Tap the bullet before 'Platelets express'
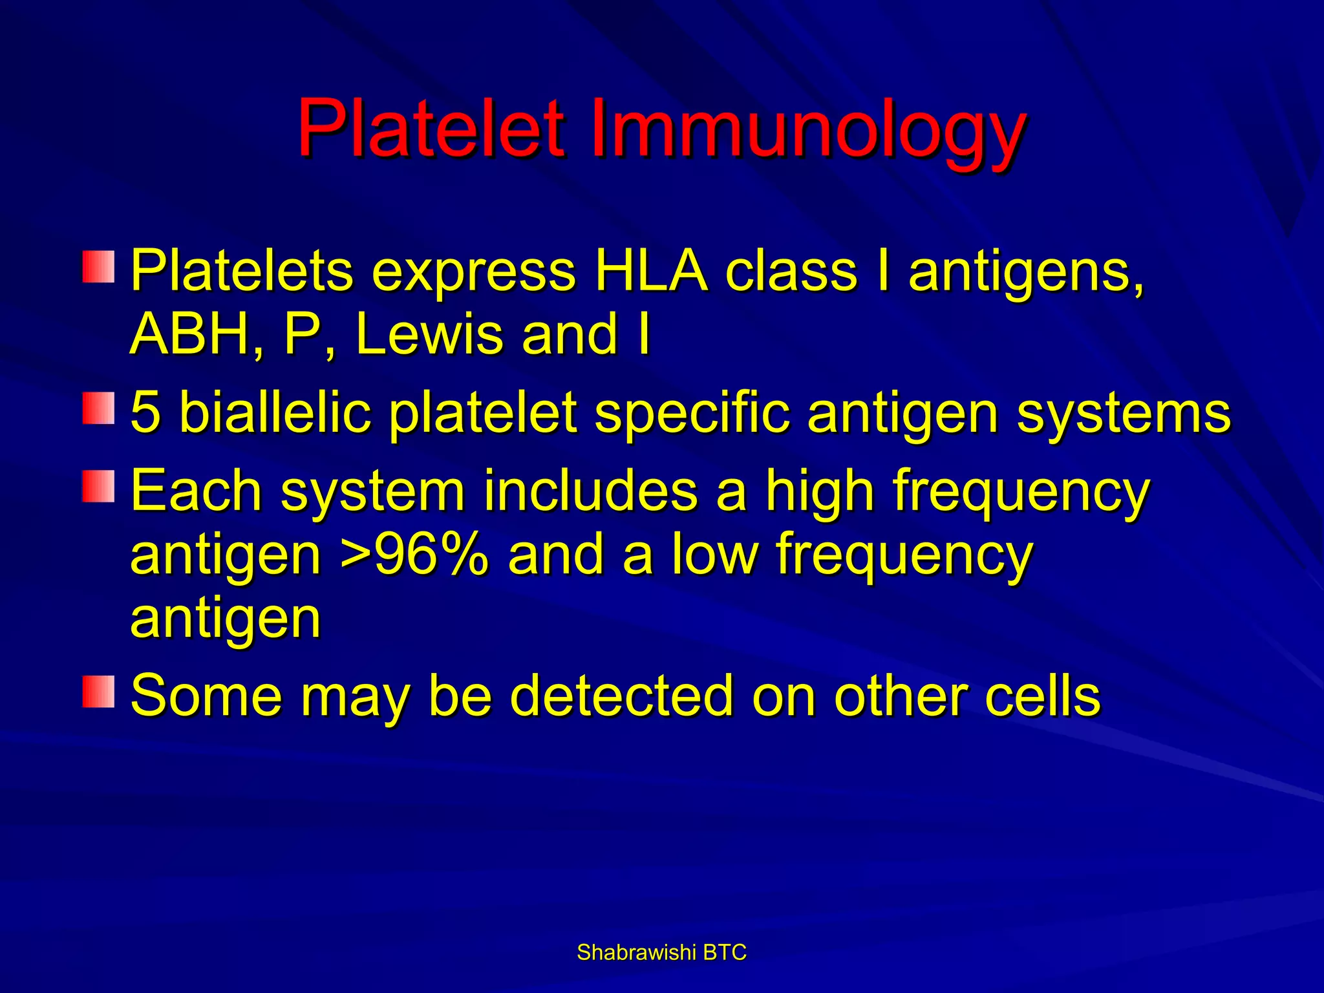98,267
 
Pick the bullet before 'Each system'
98,487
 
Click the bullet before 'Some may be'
98,692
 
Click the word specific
692,414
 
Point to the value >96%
414,555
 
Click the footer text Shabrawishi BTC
661,952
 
